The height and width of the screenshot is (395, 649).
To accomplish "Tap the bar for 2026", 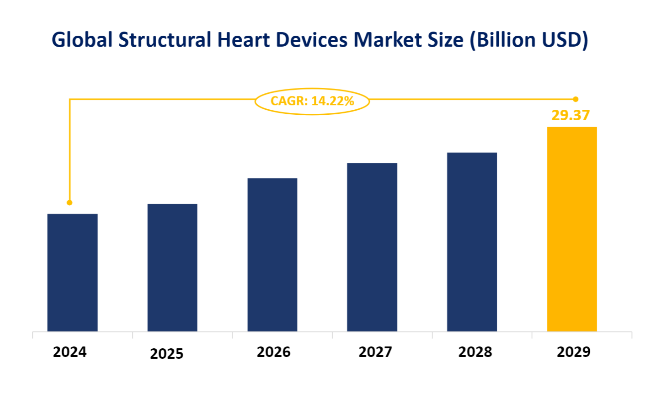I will pyautogui.click(x=273, y=254).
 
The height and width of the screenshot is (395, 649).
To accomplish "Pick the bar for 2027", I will pyautogui.click(x=372, y=247).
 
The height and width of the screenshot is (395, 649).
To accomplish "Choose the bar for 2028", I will pyautogui.click(x=472, y=241).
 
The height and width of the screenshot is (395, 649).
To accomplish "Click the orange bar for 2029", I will pyautogui.click(x=572, y=229).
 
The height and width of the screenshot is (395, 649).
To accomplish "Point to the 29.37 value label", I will pyautogui.click(x=570, y=115).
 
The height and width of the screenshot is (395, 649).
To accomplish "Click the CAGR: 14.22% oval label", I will pyautogui.click(x=312, y=101).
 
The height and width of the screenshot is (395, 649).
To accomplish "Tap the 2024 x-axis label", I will pyautogui.click(x=70, y=352).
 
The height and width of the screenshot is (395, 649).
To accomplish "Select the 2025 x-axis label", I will pyautogui.click(x=167, y=354).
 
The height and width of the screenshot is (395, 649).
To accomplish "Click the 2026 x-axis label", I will pyautogui.click(x=274, y=352).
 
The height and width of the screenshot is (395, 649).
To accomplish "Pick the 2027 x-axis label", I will pyautogui.click(x=375, y=352).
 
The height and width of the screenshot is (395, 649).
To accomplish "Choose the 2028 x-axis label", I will pyautogui.click(x=475, y=352).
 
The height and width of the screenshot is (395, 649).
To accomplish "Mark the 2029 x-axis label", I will pyautogui.click(x=574, y=352).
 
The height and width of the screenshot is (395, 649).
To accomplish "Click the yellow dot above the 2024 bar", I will pyautogui.click(x=70, y=202).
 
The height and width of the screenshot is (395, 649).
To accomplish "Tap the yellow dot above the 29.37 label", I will pyautogui.click(x=576, y=99).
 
